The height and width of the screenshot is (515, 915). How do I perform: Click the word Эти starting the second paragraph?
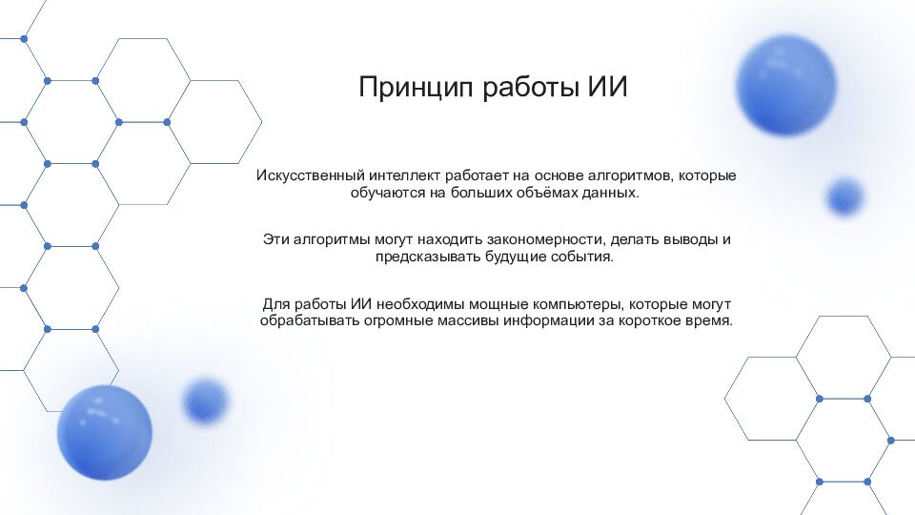(x=275, y=240)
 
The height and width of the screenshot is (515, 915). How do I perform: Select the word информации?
(x=557, y=320)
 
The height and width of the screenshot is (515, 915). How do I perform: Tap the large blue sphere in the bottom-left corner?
(x=104, y=432)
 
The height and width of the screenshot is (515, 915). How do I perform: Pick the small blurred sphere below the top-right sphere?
(x=844, y=196)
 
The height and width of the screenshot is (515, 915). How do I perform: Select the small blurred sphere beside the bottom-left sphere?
(x=205, y=400)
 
